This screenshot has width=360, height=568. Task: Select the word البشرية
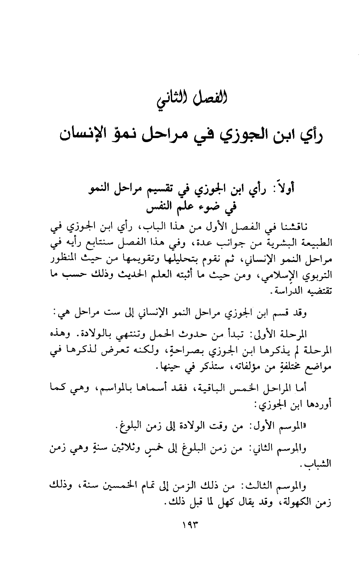coord(275,243)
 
